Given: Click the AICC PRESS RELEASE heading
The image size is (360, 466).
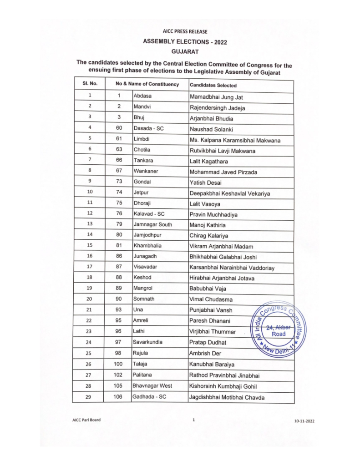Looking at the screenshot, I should (184, 31).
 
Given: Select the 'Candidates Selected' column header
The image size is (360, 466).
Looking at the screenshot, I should (213, 85).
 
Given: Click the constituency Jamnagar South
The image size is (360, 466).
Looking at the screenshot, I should (153, 224).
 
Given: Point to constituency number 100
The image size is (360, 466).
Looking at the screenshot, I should (119, 364).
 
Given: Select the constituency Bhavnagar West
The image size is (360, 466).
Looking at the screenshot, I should (153, 386).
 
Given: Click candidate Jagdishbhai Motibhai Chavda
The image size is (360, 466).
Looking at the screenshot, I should (226, 398).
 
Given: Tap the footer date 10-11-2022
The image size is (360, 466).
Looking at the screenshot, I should (304, 421).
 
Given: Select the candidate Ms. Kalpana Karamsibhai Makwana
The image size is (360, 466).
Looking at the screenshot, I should (234, 140).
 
